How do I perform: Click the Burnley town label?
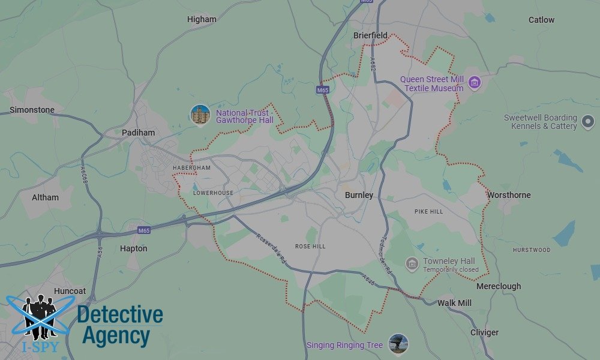click(359, 195)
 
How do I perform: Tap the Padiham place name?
click(138, 133)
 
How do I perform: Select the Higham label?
click(202, 19)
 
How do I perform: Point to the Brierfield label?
click(370, 35)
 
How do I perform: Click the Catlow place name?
click(541, 20)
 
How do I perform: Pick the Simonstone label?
click(32, 110)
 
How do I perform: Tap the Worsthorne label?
click(509, 195)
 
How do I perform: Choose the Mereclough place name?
click(499, 286)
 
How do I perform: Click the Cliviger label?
click(484, 332)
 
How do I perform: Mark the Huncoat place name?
click(71, 290)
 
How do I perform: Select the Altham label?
click(45, 197)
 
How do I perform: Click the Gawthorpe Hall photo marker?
click(200, 115)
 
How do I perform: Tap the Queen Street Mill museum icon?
click(475, 82)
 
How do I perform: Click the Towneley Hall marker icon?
click(412, 263)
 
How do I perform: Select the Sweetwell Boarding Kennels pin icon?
click(588, 123)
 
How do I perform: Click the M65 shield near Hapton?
click(143, 230)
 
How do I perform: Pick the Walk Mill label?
click(454, 303)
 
